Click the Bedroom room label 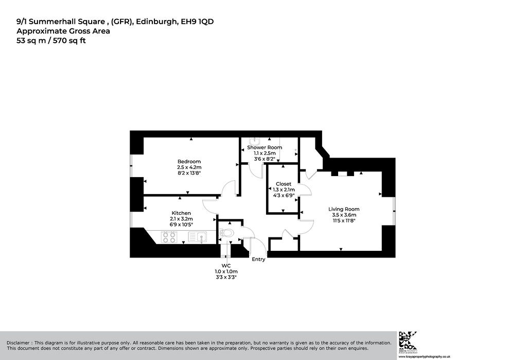[x=189, y=162]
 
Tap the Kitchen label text [x=181, y=213]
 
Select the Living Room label [x=344, y=209]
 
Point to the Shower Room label [x=265, y=147]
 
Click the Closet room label [x=284, y=184]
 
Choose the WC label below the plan [x=226, y=266]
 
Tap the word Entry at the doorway [x=258, y=260]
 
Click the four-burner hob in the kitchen [x=169, y=237]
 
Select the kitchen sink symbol [x=197, y=237]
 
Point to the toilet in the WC [x=226, y=233]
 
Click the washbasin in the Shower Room [x=255, y=141]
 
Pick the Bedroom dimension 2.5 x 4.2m [x=189, y=167]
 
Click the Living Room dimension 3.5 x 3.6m [x=344, y=215]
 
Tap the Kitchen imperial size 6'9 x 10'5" [x=181, y=225]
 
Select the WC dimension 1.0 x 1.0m [x=226, y=271]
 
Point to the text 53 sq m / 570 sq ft [x=51, y=41]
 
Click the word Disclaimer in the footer [x=18, y=343]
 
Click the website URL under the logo [x=424, y=356]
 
